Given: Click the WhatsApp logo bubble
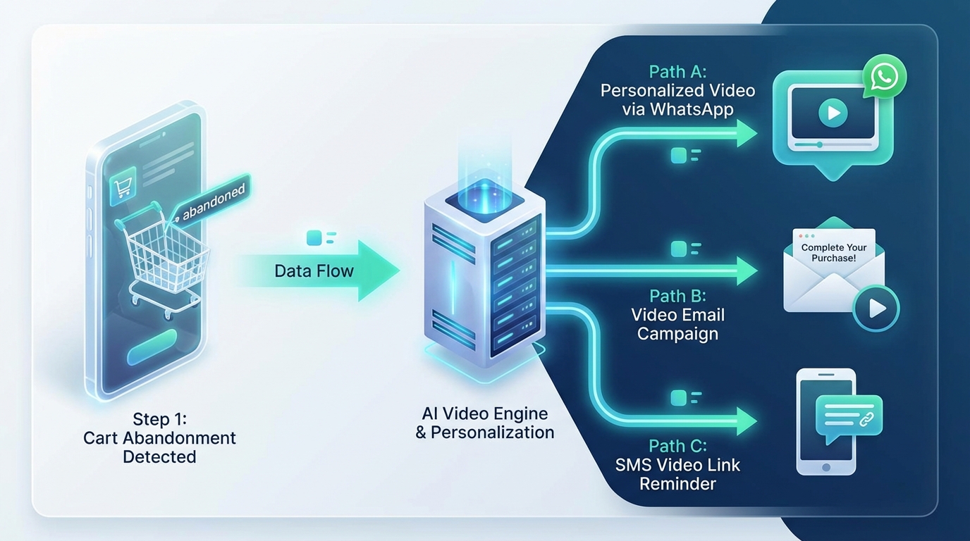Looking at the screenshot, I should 884,75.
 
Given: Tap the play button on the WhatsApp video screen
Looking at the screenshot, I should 833,113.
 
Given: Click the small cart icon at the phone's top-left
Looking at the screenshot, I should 124,187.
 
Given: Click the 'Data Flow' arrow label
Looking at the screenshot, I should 314,271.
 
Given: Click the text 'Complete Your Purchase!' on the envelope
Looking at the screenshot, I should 834,253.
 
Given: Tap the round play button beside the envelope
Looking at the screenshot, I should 876,308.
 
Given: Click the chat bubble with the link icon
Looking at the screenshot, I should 848,416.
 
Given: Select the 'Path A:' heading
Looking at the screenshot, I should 677,72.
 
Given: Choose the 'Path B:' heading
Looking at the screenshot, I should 677,296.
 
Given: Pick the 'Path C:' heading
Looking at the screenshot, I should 677,446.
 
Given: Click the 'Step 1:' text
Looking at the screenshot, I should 159,419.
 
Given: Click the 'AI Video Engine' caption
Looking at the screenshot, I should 484,413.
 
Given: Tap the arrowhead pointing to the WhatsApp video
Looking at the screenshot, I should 745,133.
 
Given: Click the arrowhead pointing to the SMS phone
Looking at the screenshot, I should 745,422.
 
